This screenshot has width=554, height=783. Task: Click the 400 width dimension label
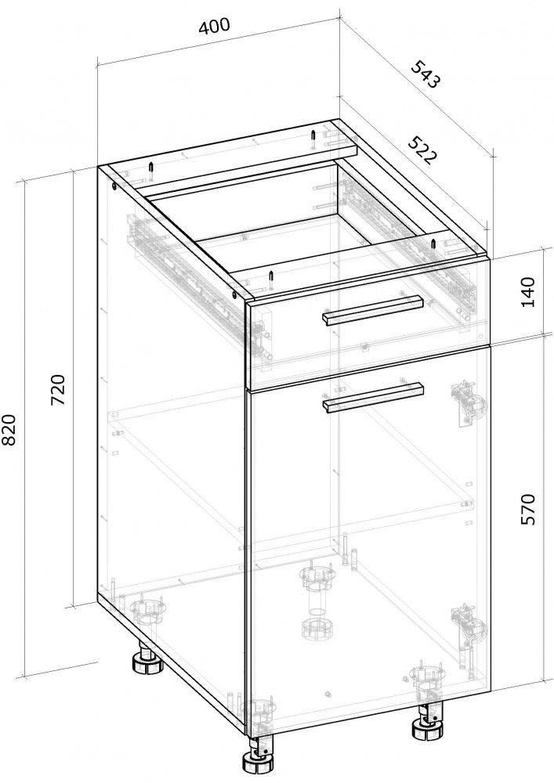[215, 27]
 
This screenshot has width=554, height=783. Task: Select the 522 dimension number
[422, 150]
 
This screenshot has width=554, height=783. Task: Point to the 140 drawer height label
[527, 292]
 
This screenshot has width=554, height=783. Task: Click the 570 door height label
[527, 509]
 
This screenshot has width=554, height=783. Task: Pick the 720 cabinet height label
[58, 389]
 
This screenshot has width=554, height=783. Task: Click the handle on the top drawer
[372, 310]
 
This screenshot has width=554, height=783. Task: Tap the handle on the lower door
[373, 397]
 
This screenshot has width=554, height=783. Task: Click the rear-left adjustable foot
[147, 662]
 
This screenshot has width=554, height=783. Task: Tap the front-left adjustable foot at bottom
[259, 761]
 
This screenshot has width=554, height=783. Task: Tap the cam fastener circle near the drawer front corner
[236, 294]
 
